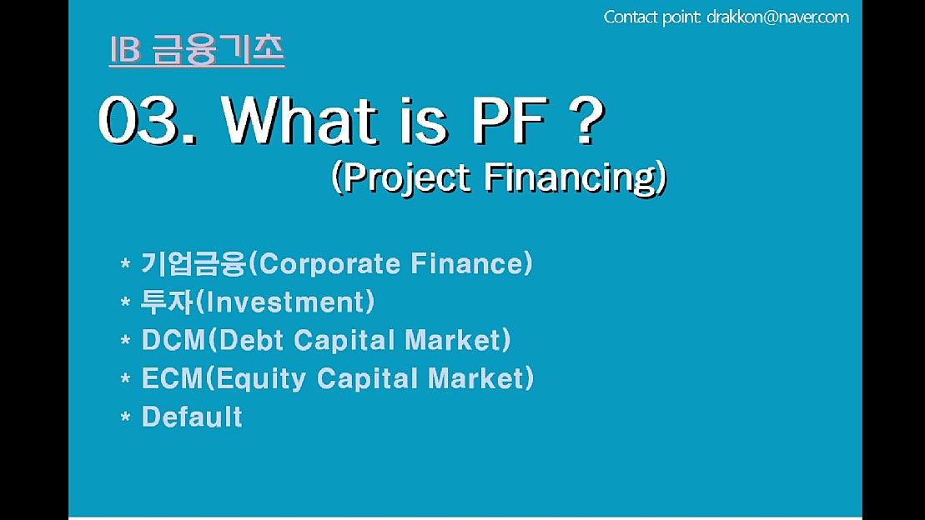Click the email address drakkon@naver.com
(x=778, y=17)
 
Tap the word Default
(x=192, y=416)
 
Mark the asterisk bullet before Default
(x=125, y=417)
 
